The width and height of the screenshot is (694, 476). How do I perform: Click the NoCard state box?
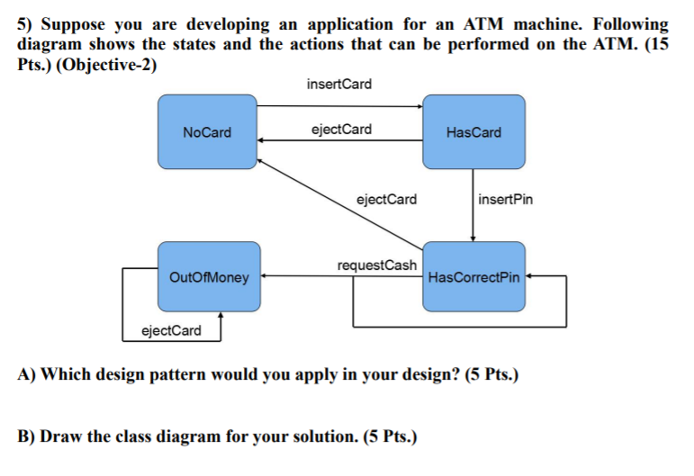[x=207, y=132]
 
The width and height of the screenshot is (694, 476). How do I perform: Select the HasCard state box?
[x=473, y=132]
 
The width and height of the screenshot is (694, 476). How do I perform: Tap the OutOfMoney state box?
[x=209, y=277]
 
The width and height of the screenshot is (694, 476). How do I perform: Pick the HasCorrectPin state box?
[x=473, y=277]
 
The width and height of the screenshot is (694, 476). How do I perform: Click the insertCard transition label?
[x=338, y=85]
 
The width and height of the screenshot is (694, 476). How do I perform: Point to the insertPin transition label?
[x=505, y=199]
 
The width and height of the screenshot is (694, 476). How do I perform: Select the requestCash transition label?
[x=376, y=265]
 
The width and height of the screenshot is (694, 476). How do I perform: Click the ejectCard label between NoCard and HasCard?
[x=340, y=130]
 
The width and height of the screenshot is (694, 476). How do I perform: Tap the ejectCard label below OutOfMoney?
[x=172, y=331]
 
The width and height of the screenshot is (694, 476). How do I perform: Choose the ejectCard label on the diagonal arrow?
[x=387, y=199]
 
